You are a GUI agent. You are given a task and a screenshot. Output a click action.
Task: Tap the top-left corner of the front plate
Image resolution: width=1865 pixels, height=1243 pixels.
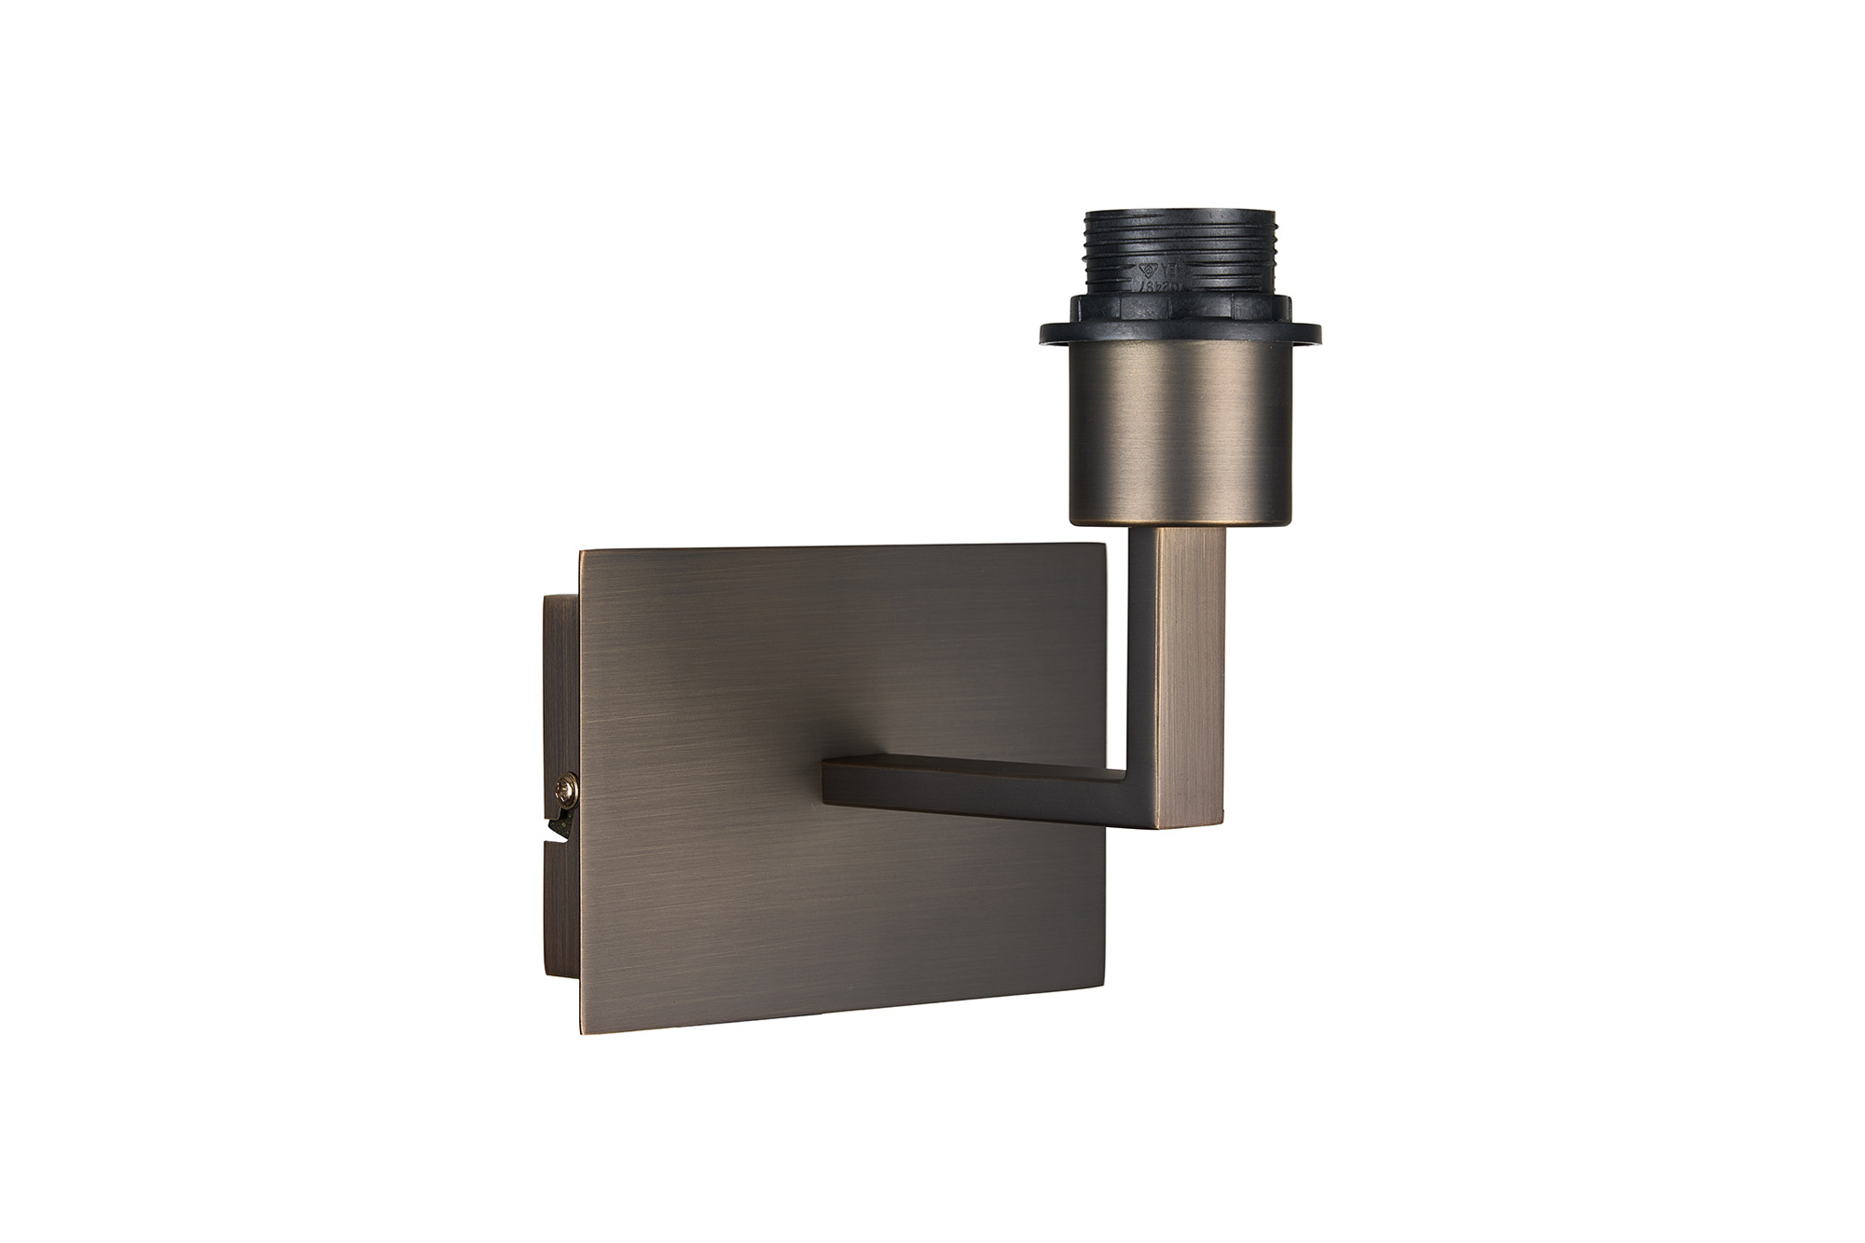[582, 552]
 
